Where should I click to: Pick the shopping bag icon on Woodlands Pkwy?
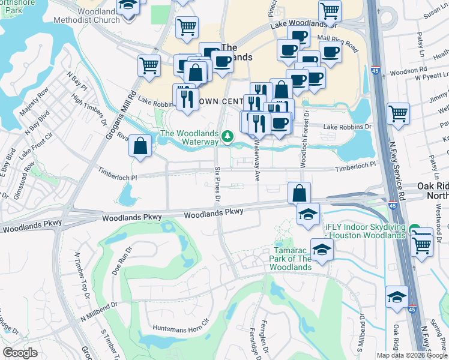(299, 193)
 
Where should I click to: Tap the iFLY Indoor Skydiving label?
(366, 232)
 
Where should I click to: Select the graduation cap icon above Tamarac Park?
(307, 214)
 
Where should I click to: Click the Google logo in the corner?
(20, 353)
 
